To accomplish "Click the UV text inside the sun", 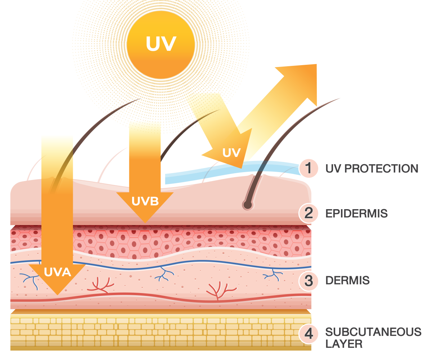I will (161, 44).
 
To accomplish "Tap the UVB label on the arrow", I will (145, 201).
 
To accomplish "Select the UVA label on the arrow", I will (57, 272).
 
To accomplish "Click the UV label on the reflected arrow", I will (231, 153).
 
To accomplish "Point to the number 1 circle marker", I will (309, 168).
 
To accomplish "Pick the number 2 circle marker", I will (309, 213).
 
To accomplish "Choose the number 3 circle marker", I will (309, 280).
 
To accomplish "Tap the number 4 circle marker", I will (309, 334).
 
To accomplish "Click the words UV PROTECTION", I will (372, 168).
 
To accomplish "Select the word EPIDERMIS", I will (356, 213).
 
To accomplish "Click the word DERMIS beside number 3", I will (347, 281).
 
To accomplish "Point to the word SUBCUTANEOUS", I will (373, 332).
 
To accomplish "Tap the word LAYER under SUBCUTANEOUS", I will (343, 344).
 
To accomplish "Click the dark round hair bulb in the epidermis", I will (247, 205).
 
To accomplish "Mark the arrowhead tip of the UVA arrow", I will (57, 294).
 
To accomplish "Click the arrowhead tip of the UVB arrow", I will (145, 222).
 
